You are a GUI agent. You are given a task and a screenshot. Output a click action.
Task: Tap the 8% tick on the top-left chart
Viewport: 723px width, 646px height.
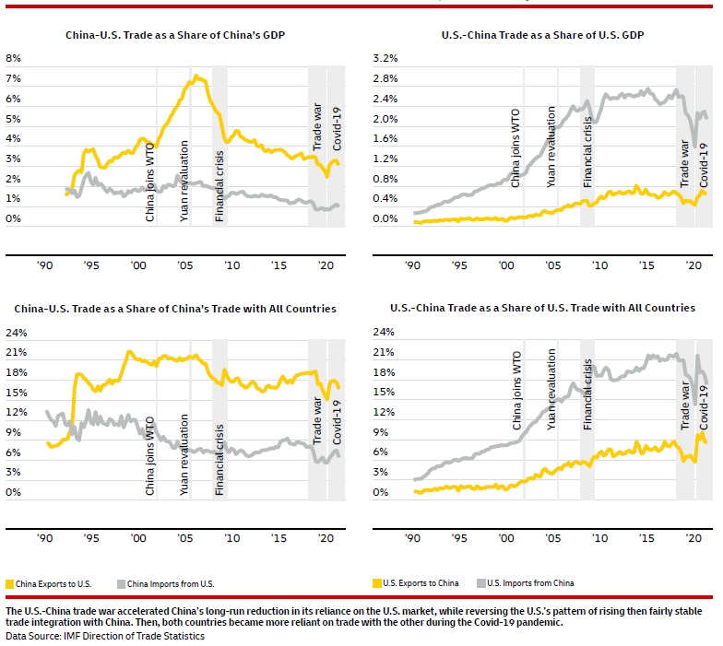(x=13, y=58)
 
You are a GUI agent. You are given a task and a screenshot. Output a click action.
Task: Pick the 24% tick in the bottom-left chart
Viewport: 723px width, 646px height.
(x=16, y=333)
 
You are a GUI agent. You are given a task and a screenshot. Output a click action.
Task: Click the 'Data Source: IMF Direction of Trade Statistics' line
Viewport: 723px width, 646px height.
(x=104, y=635)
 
